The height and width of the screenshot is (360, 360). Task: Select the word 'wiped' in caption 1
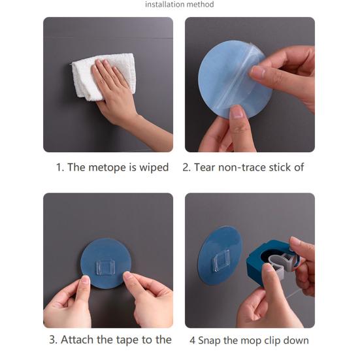(x=154, y=167)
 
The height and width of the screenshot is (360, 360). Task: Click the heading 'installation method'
(x=179, y=5)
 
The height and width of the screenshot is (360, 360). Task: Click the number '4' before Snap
(x=192, y=340)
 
